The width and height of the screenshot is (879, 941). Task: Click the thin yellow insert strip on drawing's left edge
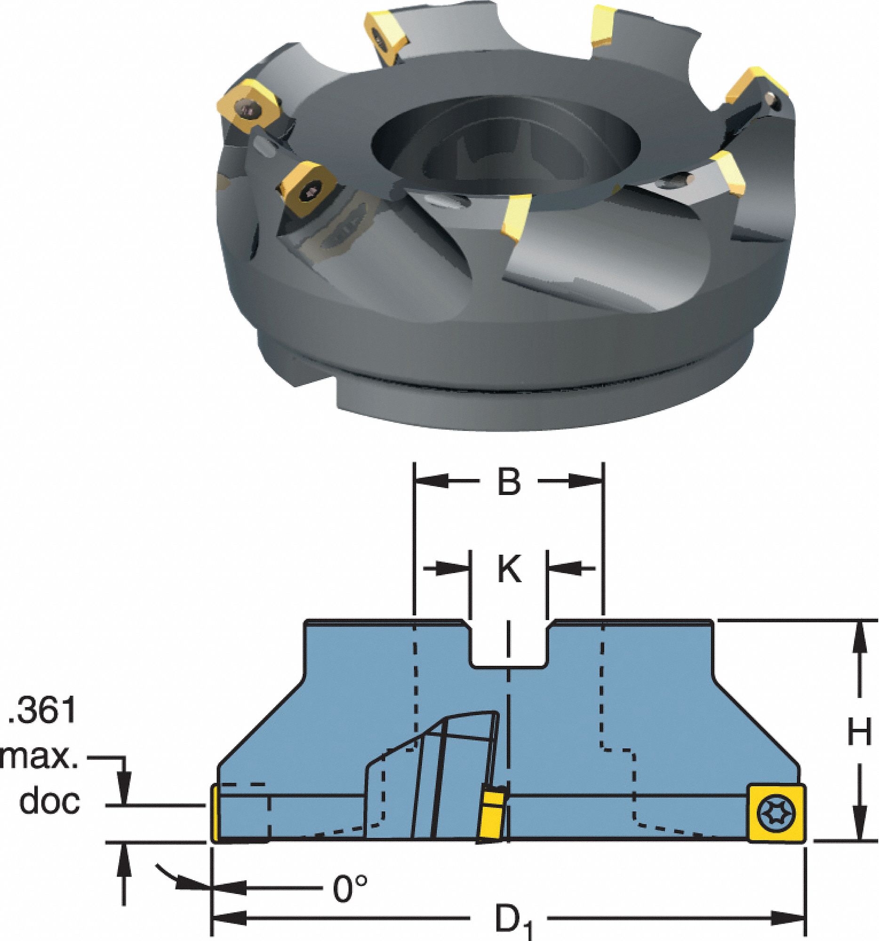pos(215,813)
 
